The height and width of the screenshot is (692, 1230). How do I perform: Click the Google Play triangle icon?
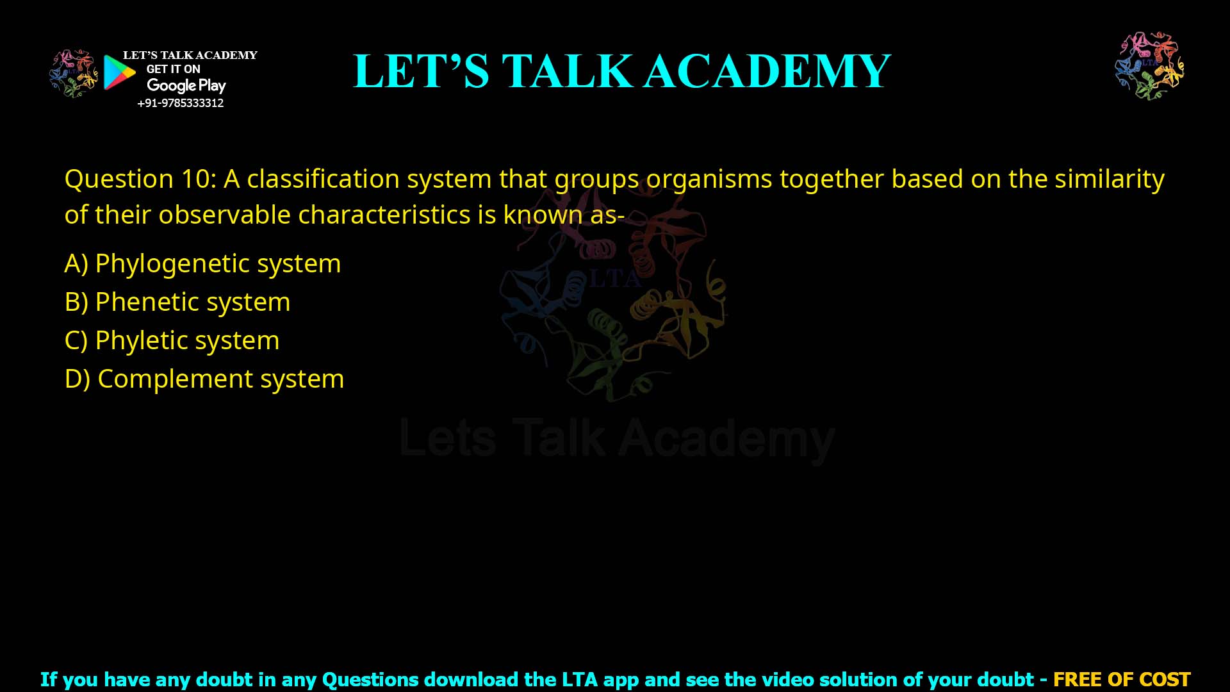point(119,72)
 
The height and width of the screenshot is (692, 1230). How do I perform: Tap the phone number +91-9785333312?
point(180,103)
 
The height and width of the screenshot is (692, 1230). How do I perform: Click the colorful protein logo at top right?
point(1149,66)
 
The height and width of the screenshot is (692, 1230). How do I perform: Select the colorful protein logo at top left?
point(73,74)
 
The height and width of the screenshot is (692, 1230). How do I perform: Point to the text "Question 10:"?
point(140,179)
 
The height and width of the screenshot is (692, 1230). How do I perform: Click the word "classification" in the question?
point(323,179)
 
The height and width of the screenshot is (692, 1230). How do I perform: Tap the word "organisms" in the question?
point(709,179)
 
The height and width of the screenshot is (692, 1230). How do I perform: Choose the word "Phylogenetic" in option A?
point(172,263)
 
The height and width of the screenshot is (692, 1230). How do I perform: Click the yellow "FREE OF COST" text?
point(1121,679)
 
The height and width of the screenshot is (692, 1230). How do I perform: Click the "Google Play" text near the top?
point(186,85)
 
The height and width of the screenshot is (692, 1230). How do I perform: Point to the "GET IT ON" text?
point(173,69)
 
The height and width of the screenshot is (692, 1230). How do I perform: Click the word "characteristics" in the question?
point(384,215)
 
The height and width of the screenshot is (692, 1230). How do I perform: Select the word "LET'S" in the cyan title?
point(421,71)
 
